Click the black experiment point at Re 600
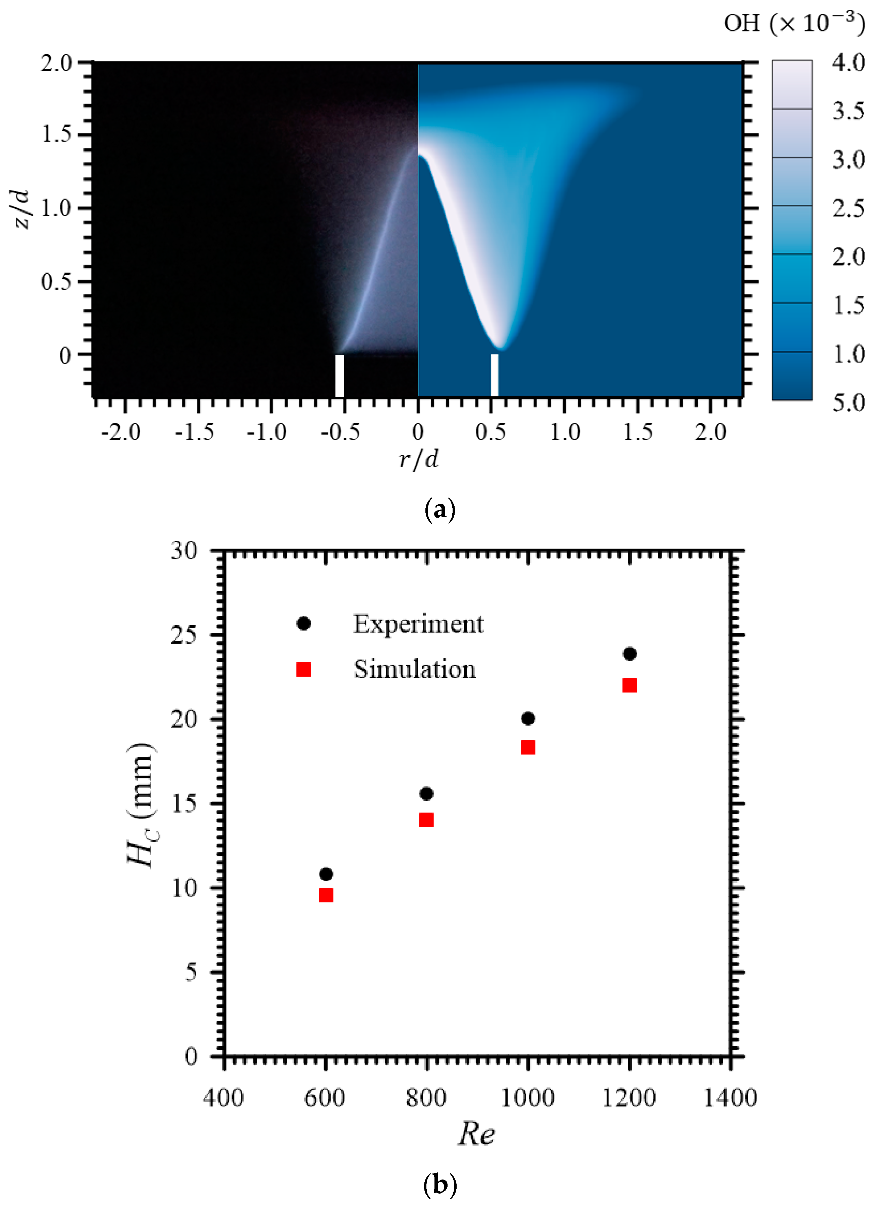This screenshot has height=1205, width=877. pyautogui.click(x=326, y=874)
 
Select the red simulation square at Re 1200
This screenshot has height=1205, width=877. pyautogui.click(x=629, y=685)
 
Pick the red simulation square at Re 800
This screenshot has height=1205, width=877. pyautogui.click(x=426, y=820)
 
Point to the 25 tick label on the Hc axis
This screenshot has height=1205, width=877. pyautogui.click(x=184, y=635)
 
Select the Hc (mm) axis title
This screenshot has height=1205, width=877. pyautogui.click(x=143, y=804)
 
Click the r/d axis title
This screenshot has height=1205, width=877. pyautogui.click(x=419, y=458)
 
